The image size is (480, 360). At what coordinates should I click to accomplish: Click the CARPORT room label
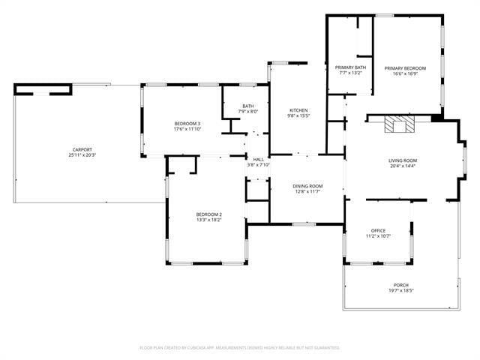point(82,149)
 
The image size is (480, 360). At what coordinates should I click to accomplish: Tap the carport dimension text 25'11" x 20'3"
point(82,155)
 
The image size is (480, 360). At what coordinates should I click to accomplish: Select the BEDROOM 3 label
point(187,123)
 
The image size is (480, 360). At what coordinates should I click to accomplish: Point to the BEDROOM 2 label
point(209,214)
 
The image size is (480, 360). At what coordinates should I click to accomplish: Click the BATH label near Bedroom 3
point(247,106)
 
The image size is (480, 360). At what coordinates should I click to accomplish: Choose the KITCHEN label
point(298,110)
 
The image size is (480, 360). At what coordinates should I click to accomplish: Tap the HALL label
point(258,159)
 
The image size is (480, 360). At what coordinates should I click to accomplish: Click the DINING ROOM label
point(307,186)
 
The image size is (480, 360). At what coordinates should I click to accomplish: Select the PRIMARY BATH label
point(349,67)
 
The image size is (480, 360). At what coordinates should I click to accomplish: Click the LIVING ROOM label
point(402,160)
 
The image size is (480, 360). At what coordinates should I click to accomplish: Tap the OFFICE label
point(378,230)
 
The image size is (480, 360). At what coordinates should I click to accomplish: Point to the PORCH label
point(401,285)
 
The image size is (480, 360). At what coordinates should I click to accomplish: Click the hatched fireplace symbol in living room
point(399,124)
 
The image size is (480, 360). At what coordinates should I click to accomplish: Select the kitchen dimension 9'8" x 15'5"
point(298,116)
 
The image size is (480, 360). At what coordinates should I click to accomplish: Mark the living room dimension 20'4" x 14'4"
point(402,166)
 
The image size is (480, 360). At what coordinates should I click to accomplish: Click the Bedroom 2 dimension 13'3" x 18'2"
point(209,220)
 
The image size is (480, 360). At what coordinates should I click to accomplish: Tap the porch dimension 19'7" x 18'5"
point(401,291)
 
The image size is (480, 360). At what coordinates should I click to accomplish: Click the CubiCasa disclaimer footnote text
point(240,347)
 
